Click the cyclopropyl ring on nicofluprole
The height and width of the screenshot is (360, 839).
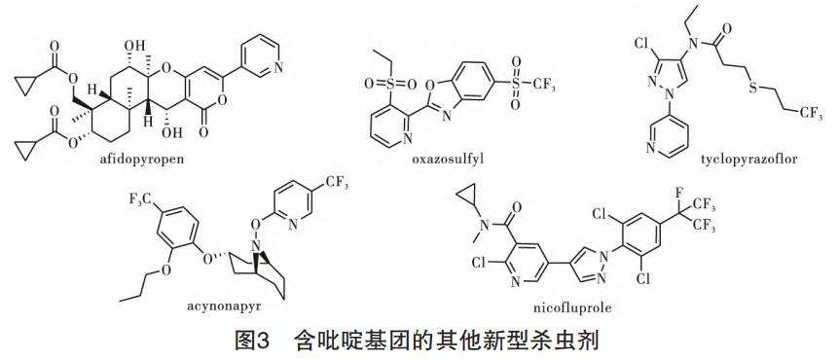470,199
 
